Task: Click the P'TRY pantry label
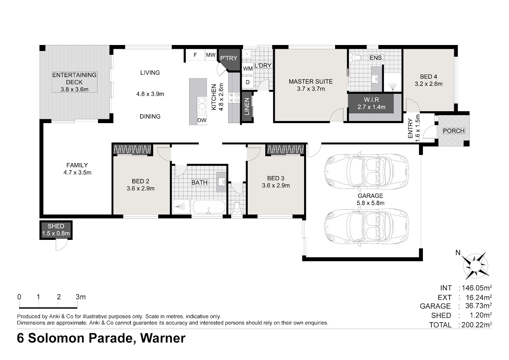[229, 58]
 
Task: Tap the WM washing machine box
[248, 68]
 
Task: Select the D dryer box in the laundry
[248, 82]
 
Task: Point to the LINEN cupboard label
[247, 107]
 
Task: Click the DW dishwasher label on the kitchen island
[202, 120]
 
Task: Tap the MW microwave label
[211, 55]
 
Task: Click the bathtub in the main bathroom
[209, 207]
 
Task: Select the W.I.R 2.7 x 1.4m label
[371, 103]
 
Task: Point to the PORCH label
[454, 131]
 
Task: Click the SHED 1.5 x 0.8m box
[56, 230]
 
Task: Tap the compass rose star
[475, 266]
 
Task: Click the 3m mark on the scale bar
[81, 297]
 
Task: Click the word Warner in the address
[163, 338]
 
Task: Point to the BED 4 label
[428, 77]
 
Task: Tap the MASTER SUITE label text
[310, 82]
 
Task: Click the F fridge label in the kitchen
[195, 55]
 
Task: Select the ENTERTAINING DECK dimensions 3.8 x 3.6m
[74, 90]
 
